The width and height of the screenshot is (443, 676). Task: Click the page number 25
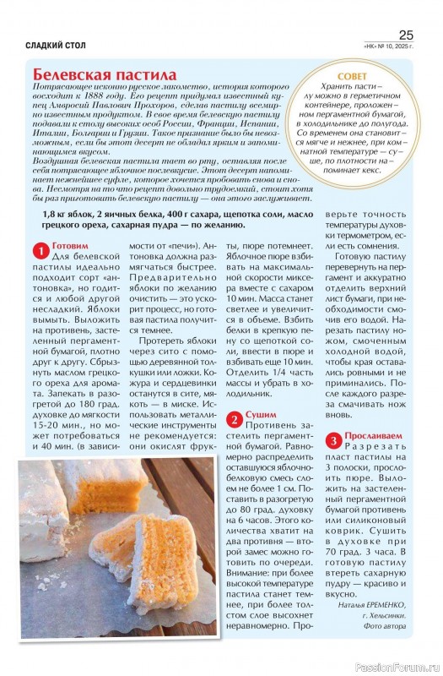tap(405, 35)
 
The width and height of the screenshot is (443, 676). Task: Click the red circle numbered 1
tap(38, 250)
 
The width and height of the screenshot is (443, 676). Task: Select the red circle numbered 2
tap(234, 417)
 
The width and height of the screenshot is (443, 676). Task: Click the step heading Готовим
tap(71, 248)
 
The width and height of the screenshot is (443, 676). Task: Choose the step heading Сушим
tap(261, 416)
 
